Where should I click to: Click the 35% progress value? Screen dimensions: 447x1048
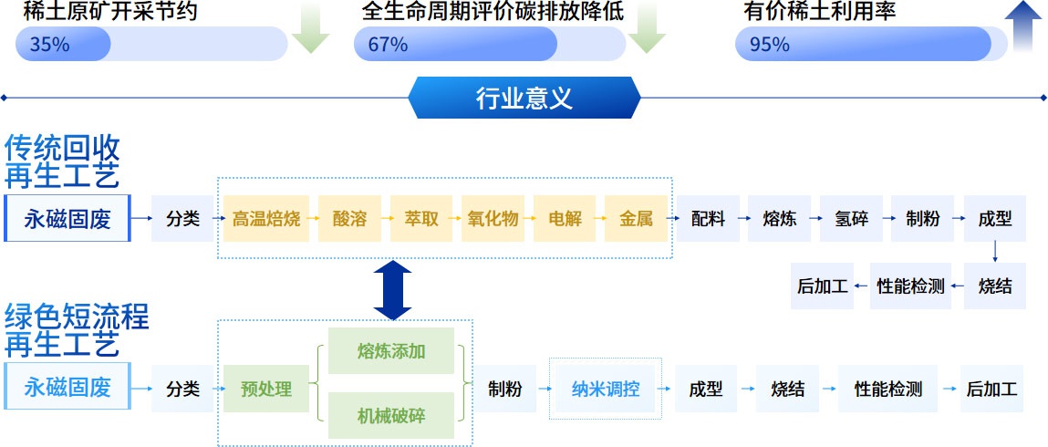pos(49,44)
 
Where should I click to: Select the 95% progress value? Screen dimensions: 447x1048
pos(769,44)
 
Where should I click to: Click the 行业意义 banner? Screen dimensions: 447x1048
pos(524,97)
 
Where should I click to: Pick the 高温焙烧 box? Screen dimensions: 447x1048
pos(265,219)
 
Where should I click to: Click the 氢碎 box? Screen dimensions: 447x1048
pos(851,219)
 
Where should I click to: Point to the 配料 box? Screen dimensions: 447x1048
pos(708,219)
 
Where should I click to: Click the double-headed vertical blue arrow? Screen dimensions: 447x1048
pos(393,289)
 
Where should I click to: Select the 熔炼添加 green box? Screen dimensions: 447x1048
pos(391,351)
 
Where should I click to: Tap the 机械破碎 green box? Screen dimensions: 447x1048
pos(391,415)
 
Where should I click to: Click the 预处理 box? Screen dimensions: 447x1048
pos(266,390)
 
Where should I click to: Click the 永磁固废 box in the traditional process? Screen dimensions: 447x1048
pos(67,219)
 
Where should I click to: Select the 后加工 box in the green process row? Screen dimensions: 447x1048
pos(991,390)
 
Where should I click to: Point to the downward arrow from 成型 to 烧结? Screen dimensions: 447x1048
pos(994,251)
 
